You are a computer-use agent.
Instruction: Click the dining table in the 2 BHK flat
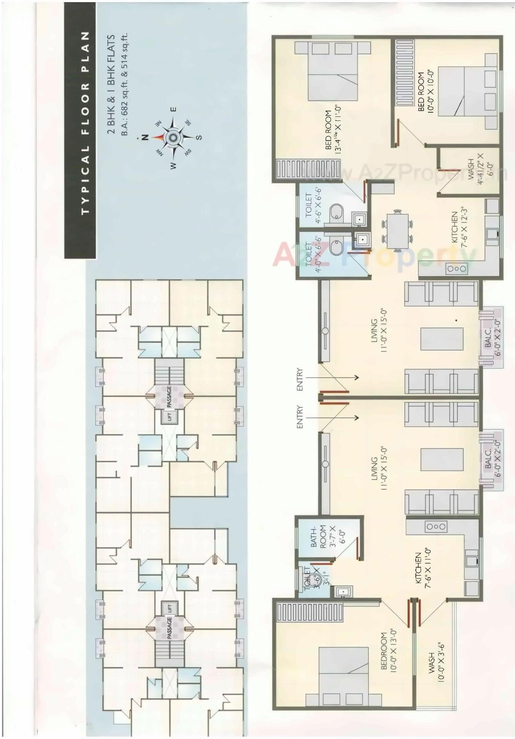click(x=396, y=230)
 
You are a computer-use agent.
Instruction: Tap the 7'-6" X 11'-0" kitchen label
click(x=422, y=569)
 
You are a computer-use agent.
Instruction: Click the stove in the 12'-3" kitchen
click(x=456, y=269)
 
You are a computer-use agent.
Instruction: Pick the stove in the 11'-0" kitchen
click(x=435, y=526)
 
